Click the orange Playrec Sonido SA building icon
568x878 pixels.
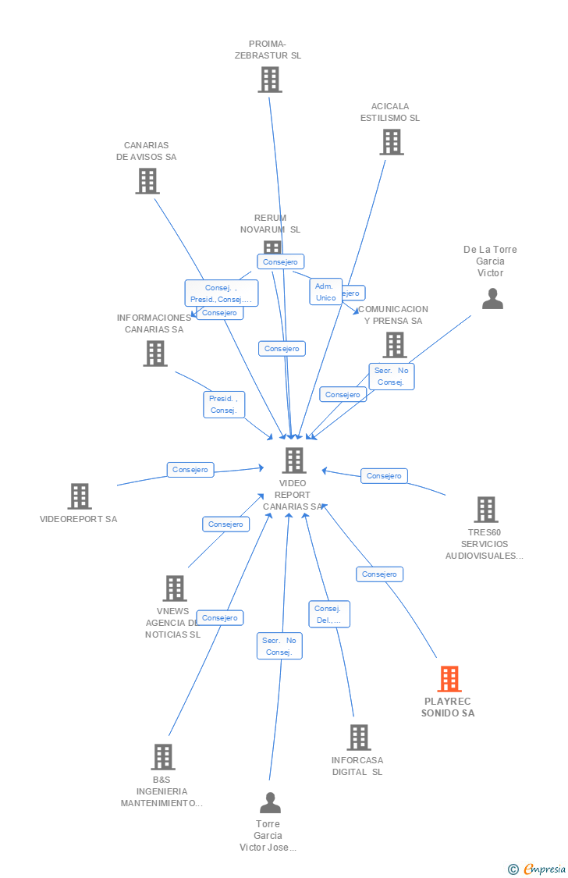point(449,679)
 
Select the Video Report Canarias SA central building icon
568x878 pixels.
point(294,460)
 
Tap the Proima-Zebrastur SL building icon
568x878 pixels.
point(270,80)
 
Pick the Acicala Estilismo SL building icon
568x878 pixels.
point(392,142)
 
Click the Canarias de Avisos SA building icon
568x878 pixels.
point(147,181)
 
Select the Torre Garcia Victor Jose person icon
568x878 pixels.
point(270,803)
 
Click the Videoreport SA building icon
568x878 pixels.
point(79,496)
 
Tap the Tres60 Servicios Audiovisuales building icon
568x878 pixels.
point(485,510)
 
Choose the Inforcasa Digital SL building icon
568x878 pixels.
point(358,738)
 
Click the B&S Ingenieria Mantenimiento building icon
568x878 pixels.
point(162,757)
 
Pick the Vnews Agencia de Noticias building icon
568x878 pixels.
point(174,588)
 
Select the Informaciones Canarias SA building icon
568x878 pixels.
point(155,354)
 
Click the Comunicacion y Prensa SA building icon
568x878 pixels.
point(395,345)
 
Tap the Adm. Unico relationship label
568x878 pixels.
point(325,292)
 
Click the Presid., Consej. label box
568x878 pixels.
point(224,404)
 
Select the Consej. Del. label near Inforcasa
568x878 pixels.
point(329,614)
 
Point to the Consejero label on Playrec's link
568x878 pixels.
point(380,574)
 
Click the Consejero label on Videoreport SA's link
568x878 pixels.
point(190,470)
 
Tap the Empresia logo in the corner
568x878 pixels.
point(543,869)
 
